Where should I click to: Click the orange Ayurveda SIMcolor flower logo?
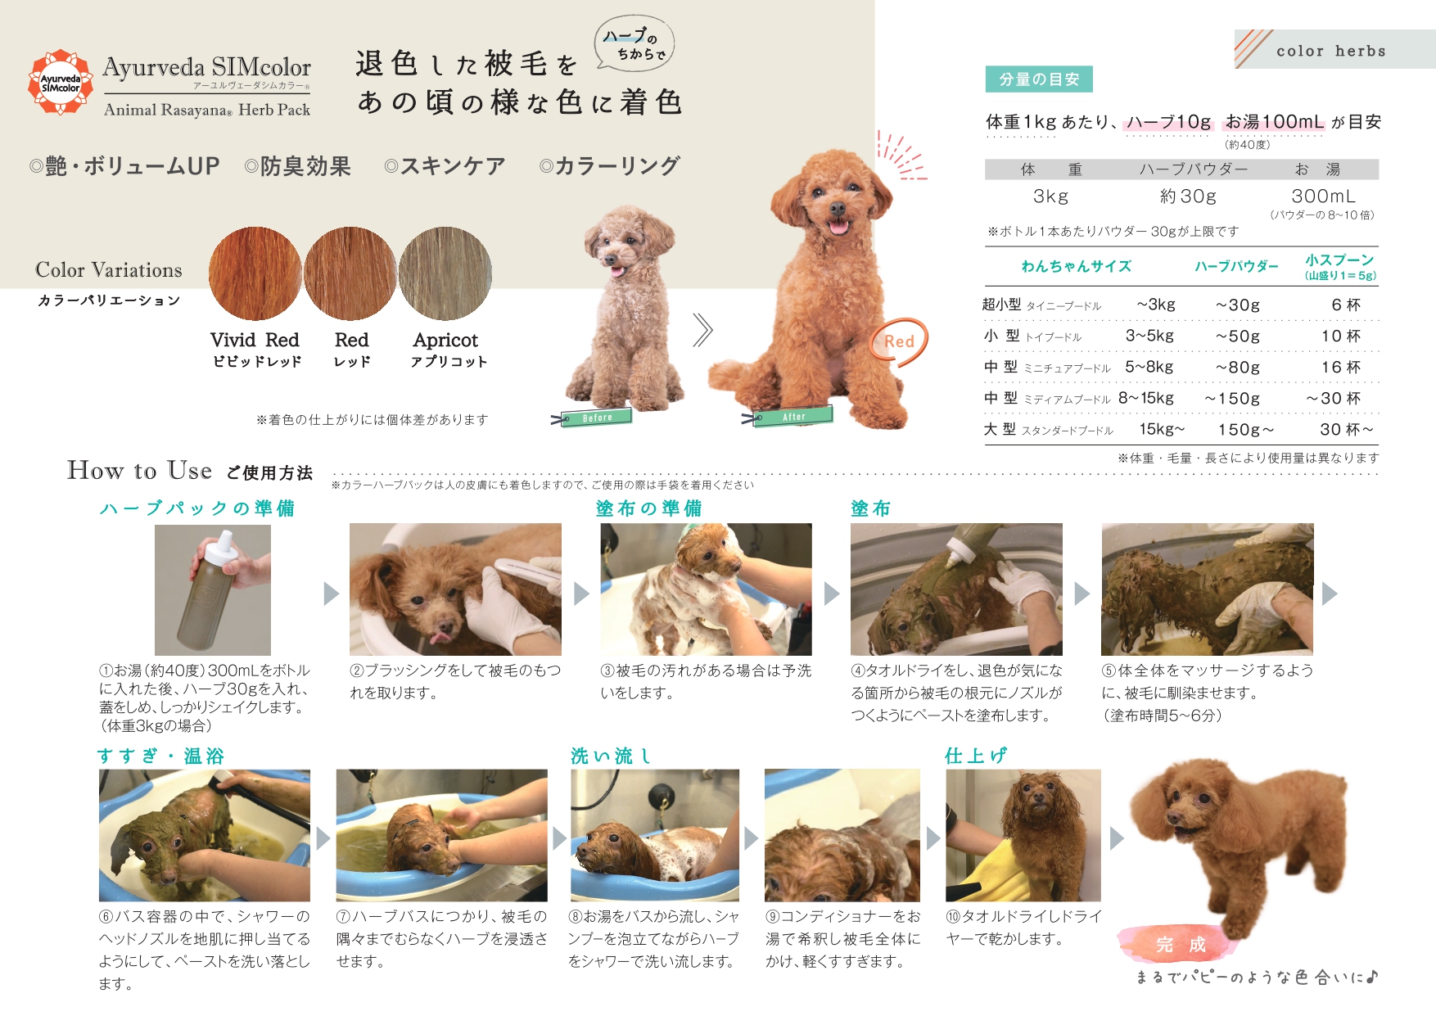pyautogui.click(x=60, y=82)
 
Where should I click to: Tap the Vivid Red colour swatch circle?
pyautogui.click(x=255, y=273)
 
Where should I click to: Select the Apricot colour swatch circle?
pyautogui.click(x=445, y=273)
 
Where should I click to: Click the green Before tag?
pyautogui.click(x=596, y=418)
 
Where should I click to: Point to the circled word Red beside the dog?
pyautogui.click(x=899, y=342)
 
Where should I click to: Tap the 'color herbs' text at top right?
pyautogui.click(x=1331, y=51)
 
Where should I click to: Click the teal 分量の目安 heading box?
pyautogui.click(x=1039, y=79)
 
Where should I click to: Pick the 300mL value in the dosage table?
pyautogui.click(x=1323, y=196)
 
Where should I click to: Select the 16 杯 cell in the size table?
pyautogui.click(x=1340, y=367)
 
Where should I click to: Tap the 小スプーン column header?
pyautogui.click(x=1339, y=266)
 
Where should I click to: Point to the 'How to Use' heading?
pyautogui.click(x=139, y=470)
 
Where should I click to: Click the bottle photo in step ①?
pyautogui.click(x=213, y=589)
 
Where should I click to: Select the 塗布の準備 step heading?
pyautogui.click(x=648, y=508)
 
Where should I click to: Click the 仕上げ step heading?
pyautogui.click(x=976, y=756)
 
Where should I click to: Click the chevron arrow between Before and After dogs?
pyautogui.click(x=702, y=331)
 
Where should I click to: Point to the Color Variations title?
pyautogui.click(x=109, y=270)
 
